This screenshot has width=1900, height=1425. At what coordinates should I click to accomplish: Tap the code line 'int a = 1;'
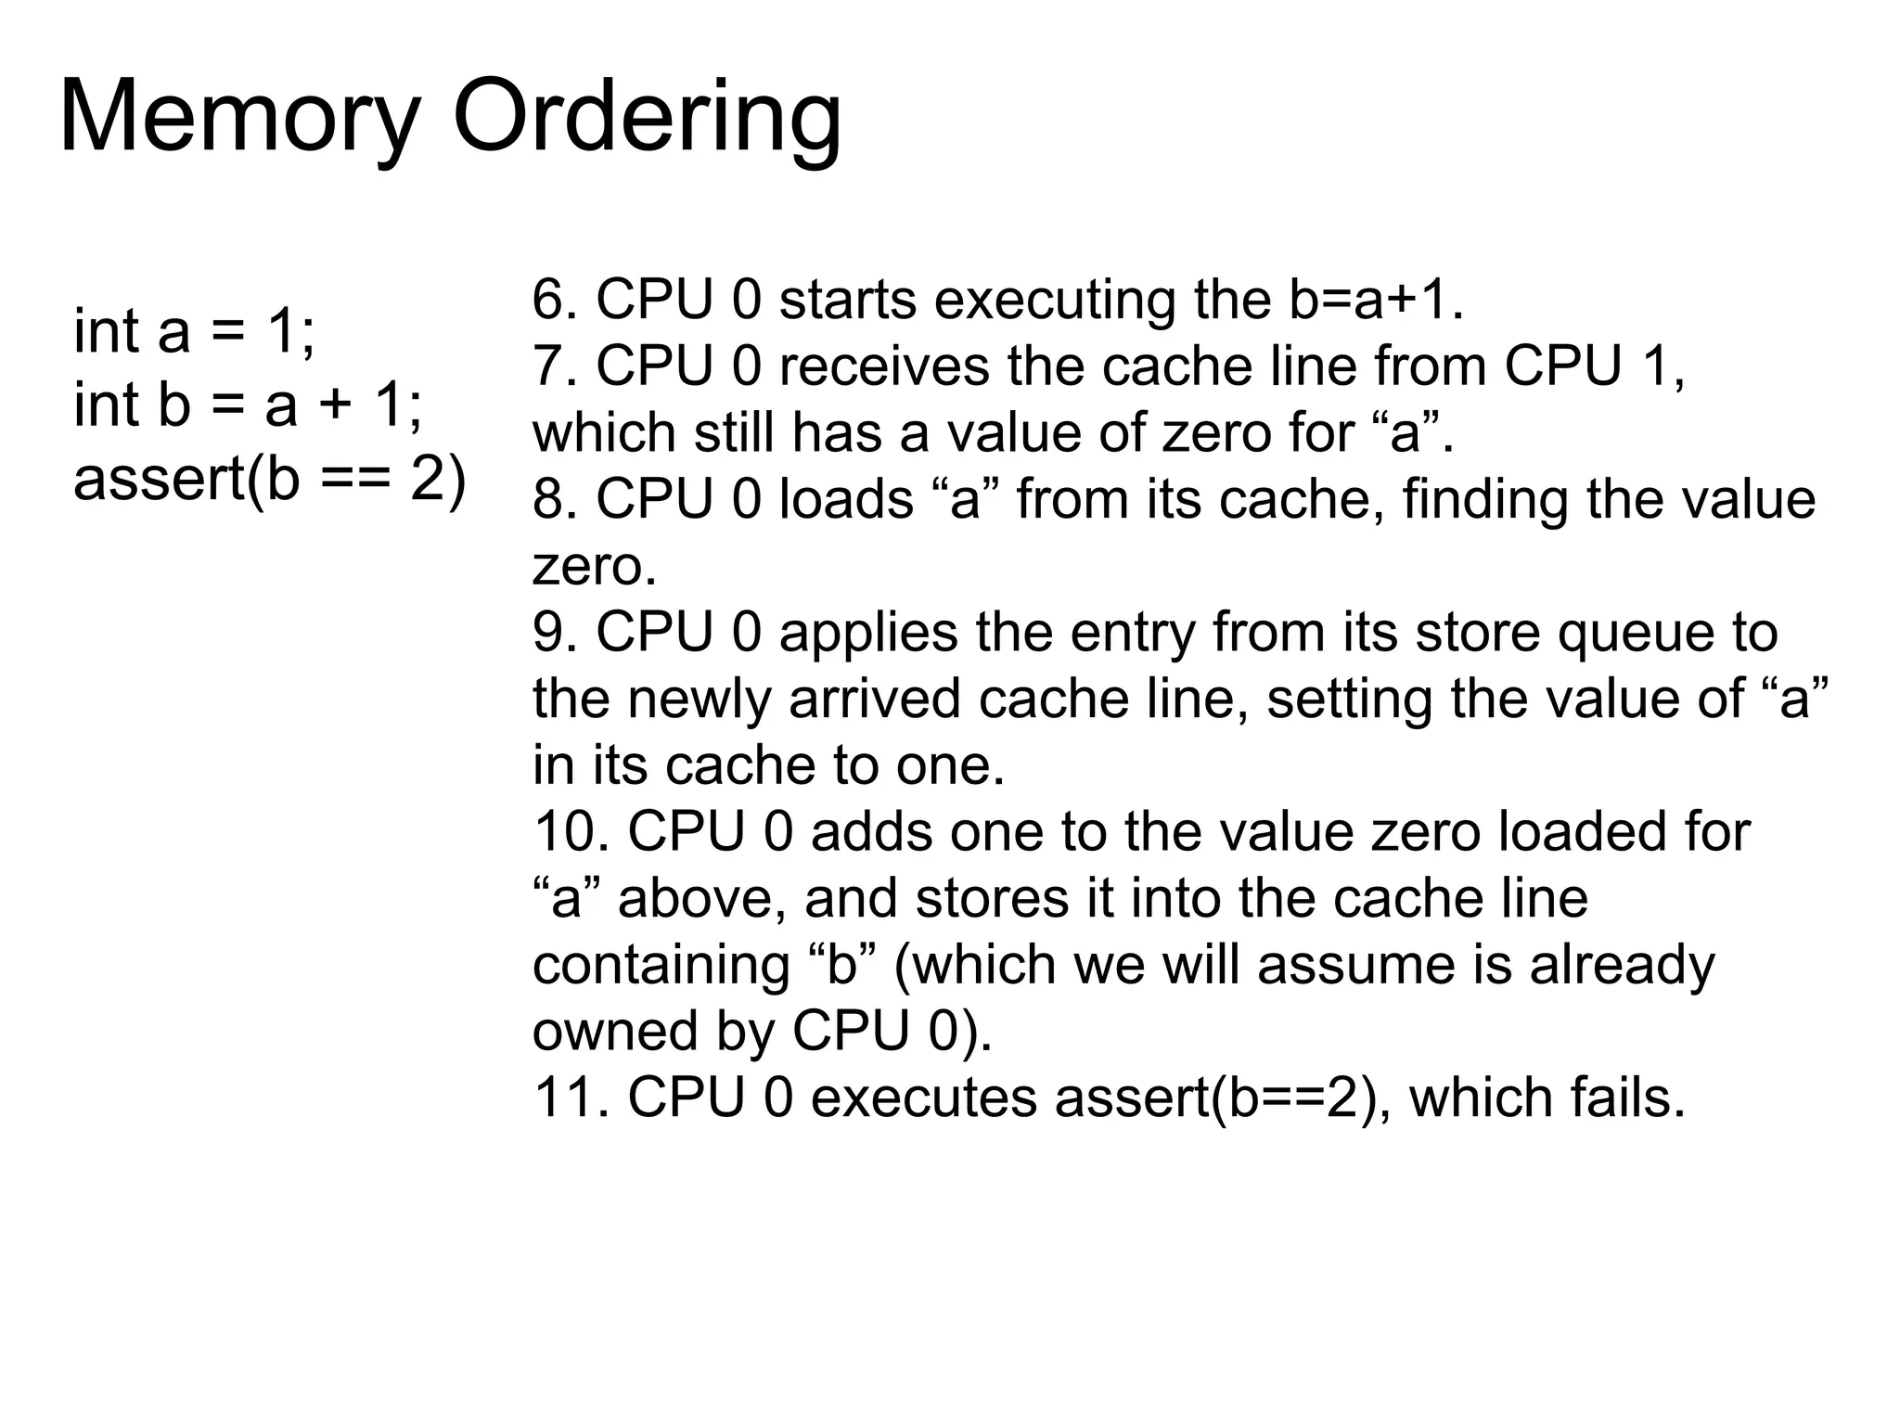click(194, 331)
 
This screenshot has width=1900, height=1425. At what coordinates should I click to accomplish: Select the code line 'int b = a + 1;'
click(248, 405)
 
